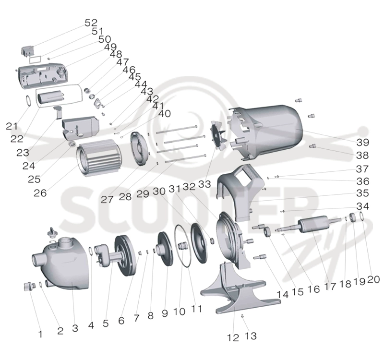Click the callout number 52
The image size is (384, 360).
click(x=91, y=23)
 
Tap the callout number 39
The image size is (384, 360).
click(x=363, y=142)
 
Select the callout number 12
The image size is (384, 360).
click(x=233, y=338)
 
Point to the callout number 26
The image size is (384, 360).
click(x=40, y=193)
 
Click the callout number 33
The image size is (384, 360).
click(x=204, y=184)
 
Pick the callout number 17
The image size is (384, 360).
click(x=330, y=287)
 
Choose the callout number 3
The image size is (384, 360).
click(x=75, y=328)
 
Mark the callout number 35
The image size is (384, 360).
click(x=363, y=193)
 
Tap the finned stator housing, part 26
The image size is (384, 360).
click(x=98, y=157)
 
